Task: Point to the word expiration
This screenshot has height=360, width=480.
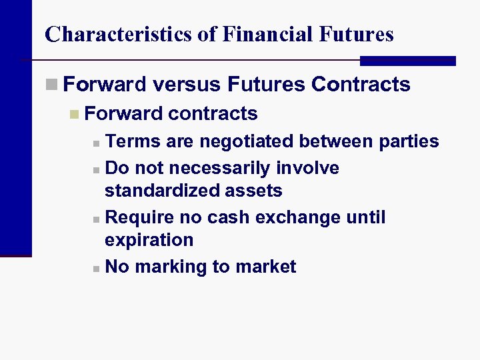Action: tap(149, 240)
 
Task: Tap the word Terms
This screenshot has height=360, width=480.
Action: tap(132, 141)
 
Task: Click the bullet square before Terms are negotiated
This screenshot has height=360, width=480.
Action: tap(97, 143)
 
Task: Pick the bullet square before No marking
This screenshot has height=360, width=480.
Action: tap(97, 268)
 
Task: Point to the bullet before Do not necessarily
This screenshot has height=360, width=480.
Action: tap(97, 169)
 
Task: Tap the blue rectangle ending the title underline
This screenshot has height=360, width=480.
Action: tap(407, 61)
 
